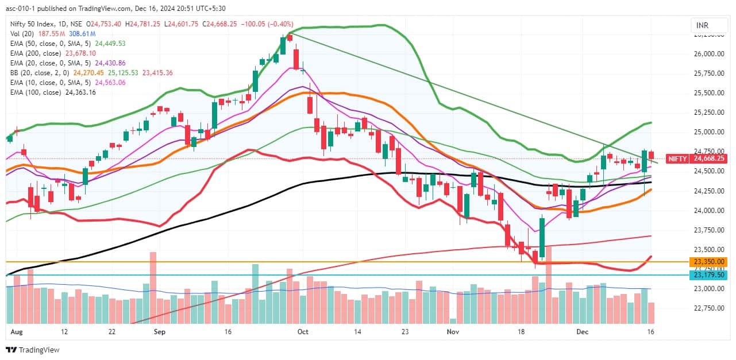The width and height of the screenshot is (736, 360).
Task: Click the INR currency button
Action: (702, 26)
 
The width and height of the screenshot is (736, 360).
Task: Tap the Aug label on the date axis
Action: (16, 332)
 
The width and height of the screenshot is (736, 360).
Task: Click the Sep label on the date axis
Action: (160, 332)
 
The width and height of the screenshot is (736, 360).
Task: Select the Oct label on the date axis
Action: (303, 332)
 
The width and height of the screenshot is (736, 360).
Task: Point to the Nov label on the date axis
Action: (454, 332)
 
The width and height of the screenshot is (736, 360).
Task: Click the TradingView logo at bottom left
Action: (33, 350)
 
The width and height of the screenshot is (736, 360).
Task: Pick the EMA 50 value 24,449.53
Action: (106, 43)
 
